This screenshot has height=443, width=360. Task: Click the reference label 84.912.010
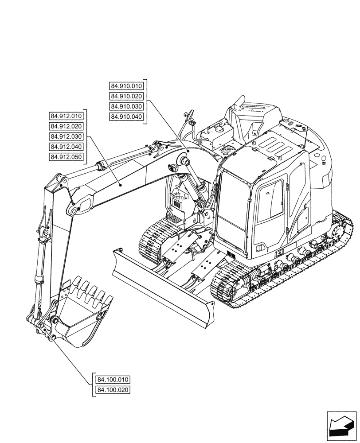[x=67, y=116]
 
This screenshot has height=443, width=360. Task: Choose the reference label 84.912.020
[x=67, y=126]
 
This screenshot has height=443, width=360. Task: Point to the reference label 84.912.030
[x=67, y=136]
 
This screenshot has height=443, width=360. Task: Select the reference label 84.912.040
[x=67, y=147]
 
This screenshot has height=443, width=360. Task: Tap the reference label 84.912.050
[x=67, y=157]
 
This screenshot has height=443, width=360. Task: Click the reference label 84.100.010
[x=113, y=380]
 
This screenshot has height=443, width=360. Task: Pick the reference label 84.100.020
[x=113, y=390]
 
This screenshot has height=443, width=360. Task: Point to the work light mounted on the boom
[x=173, y=167]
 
